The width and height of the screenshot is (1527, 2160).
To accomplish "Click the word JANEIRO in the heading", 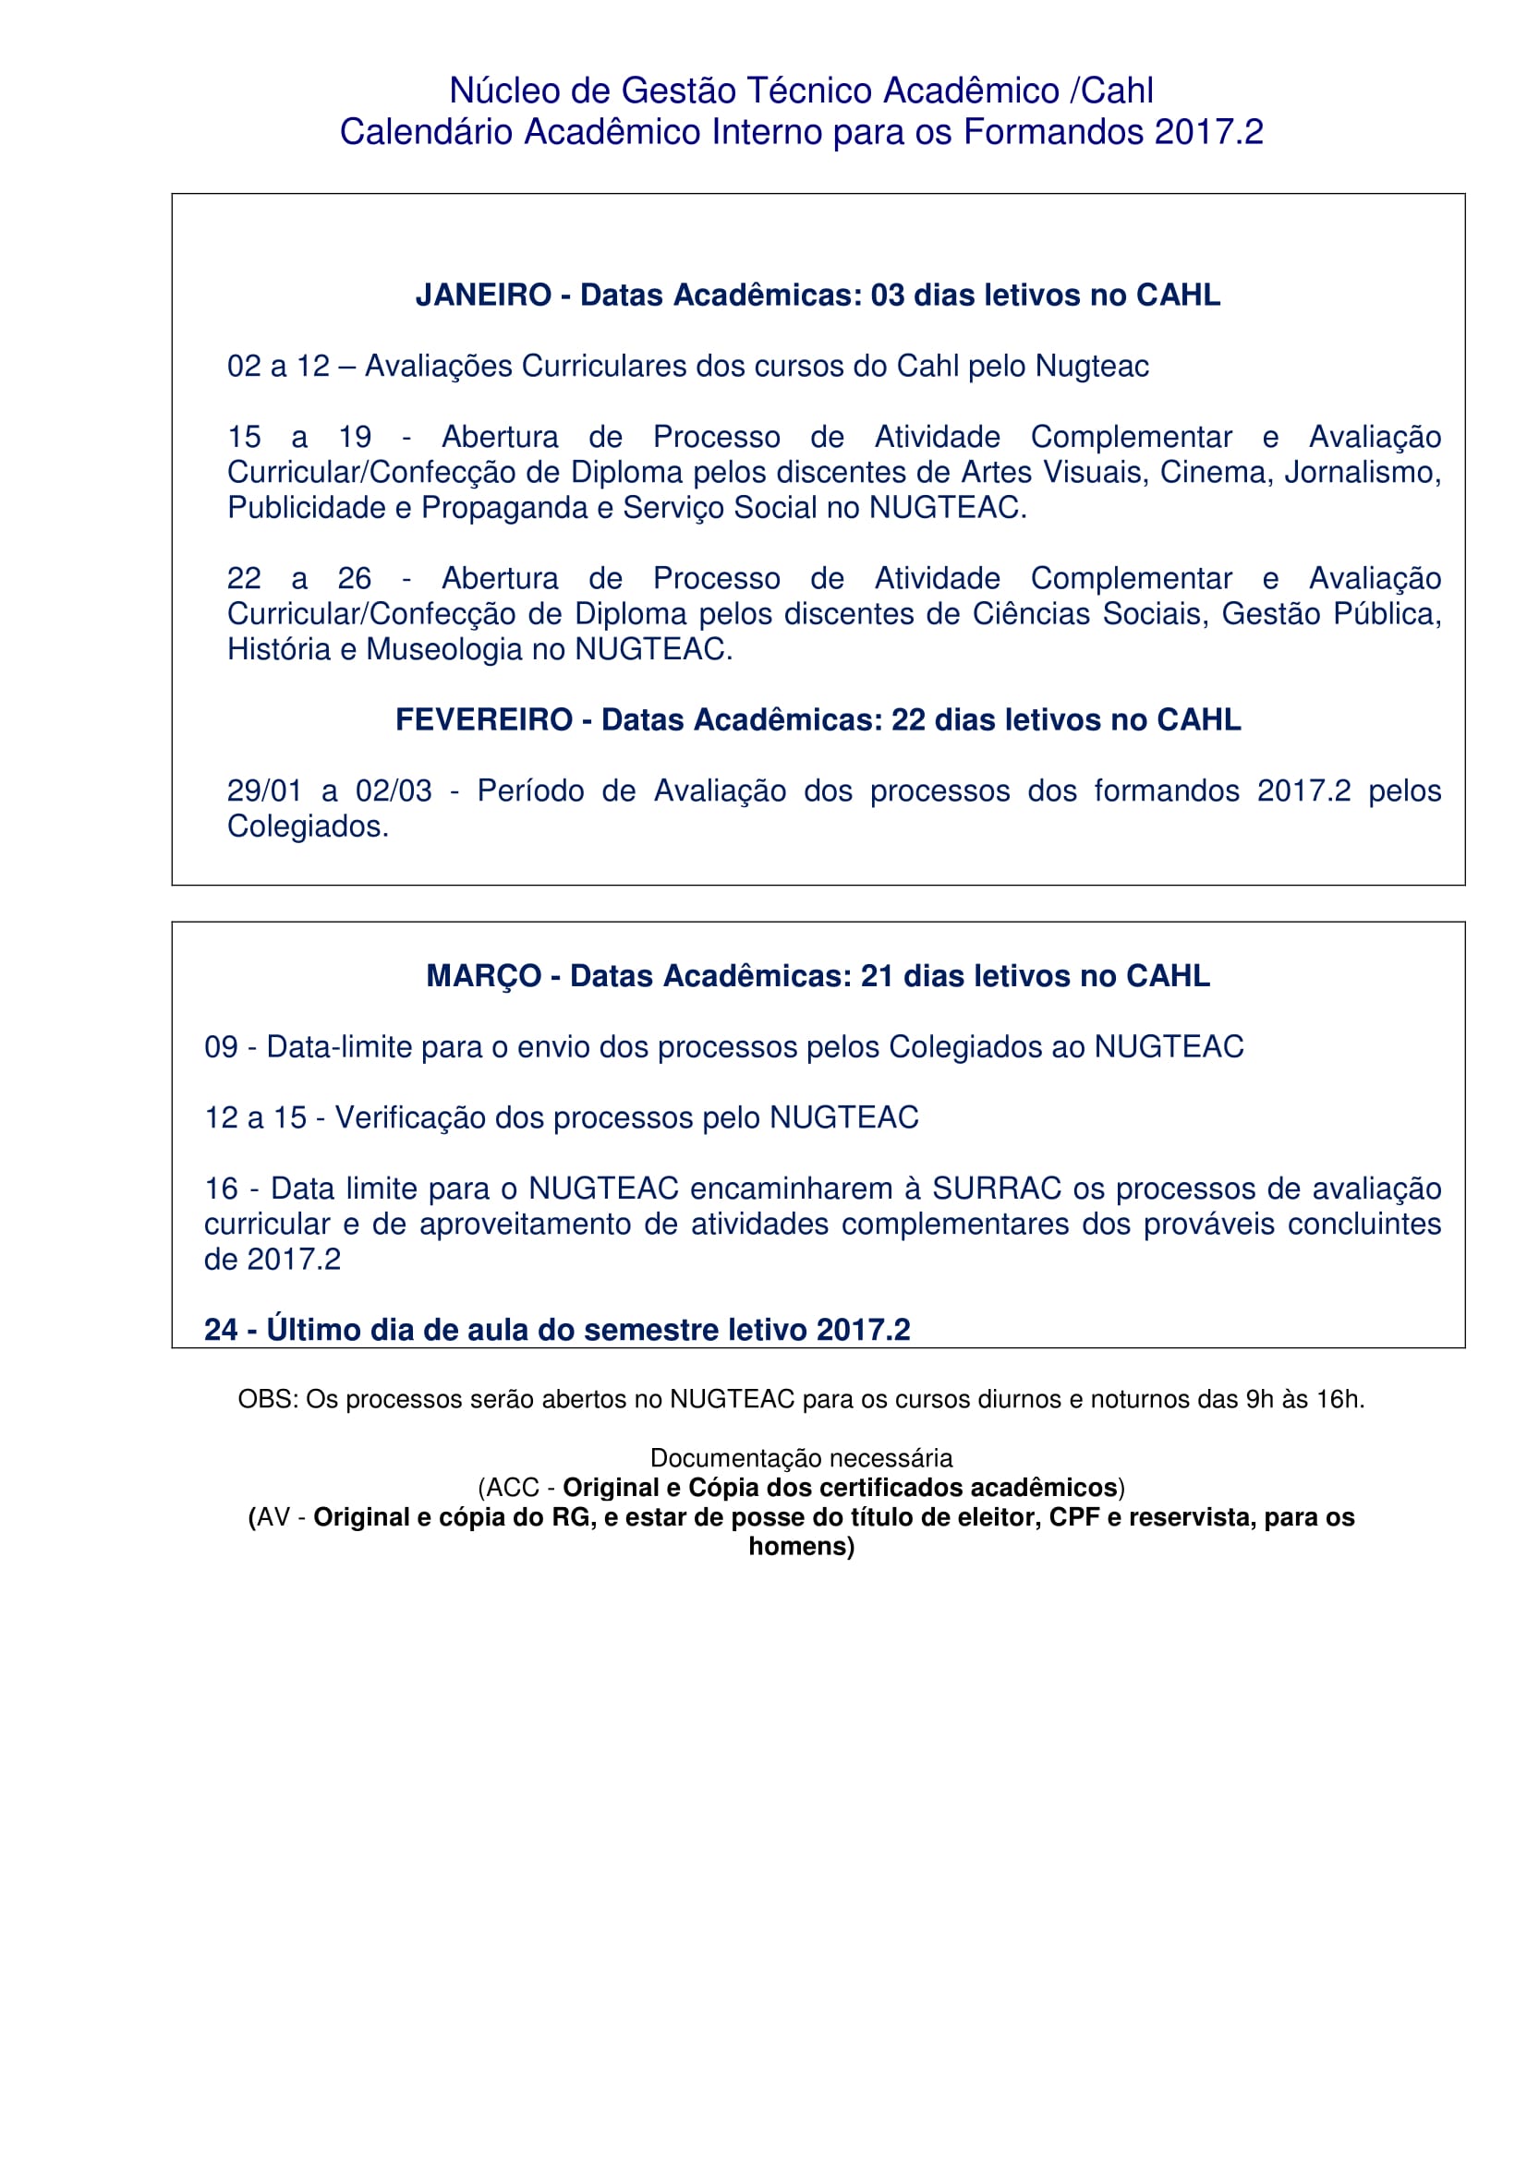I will click(x=482, y=296).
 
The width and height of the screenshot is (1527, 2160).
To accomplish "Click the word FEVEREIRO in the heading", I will click(x=484, y=719).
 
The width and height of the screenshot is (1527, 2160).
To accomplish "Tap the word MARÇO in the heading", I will click(x=484, y=976).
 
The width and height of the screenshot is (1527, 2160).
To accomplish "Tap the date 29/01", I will click(x=264, y=791).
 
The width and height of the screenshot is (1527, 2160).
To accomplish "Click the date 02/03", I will click(x=394, y=791).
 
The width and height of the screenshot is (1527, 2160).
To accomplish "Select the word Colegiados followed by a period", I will click(x=308, y=826).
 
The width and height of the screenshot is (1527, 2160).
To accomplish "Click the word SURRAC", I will click(x=997, y=1189).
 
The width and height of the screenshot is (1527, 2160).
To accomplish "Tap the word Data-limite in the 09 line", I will click(x=333, y=1047).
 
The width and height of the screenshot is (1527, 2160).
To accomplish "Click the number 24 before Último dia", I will click(x=221, y=1330).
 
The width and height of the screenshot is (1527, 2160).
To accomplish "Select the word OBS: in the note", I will click(x=268, y=1400).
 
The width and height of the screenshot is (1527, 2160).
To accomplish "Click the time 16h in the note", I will click(x=1339, y=1400).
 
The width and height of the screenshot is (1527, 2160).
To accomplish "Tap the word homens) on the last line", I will click(x=802, y=1547).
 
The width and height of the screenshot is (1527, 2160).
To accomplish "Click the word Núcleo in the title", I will click(x=504, y=91).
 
